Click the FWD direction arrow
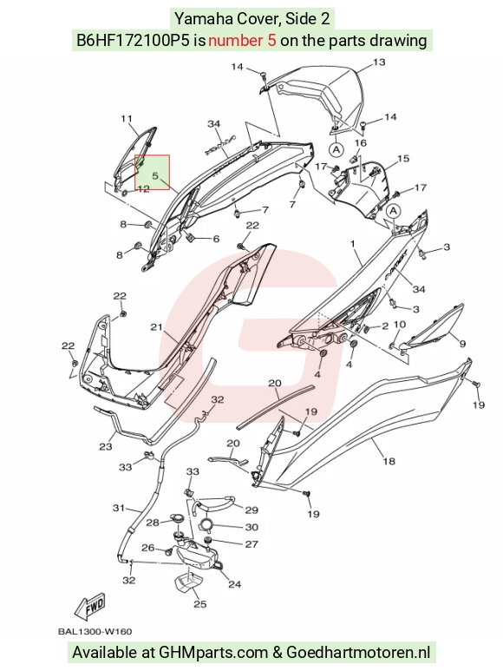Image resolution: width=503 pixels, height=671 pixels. (x=89, y=607)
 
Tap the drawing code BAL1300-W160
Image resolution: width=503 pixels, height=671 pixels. (x=95, y=631)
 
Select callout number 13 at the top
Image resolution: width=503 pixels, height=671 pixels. (x=379, y=62)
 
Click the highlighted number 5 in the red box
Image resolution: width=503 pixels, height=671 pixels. (x=155, y=175)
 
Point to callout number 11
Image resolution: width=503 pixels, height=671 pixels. (x=126, y=119)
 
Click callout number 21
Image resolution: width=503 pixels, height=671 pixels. (x=156, y=327)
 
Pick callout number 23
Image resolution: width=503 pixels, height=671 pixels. (x=106, y=447)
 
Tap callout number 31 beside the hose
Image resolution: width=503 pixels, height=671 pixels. (x=118, y=508)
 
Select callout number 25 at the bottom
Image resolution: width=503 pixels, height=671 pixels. (x=200, y=604)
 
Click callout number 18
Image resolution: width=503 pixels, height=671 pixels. (x=389, y=461)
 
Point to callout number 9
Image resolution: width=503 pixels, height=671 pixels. (x=462, y=343)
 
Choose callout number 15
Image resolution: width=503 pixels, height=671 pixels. (x=403, y=159)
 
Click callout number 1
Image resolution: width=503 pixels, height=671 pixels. (x=353, y=244)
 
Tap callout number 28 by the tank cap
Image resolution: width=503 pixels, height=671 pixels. (x=153, y=523)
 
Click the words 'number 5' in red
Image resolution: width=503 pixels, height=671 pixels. (x=242, y=41)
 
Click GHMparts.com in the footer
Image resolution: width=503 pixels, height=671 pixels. (x=213, y=653)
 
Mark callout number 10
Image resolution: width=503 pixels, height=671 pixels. (x=399, y=325)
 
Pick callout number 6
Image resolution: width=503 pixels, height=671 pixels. (x=216, y=239)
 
